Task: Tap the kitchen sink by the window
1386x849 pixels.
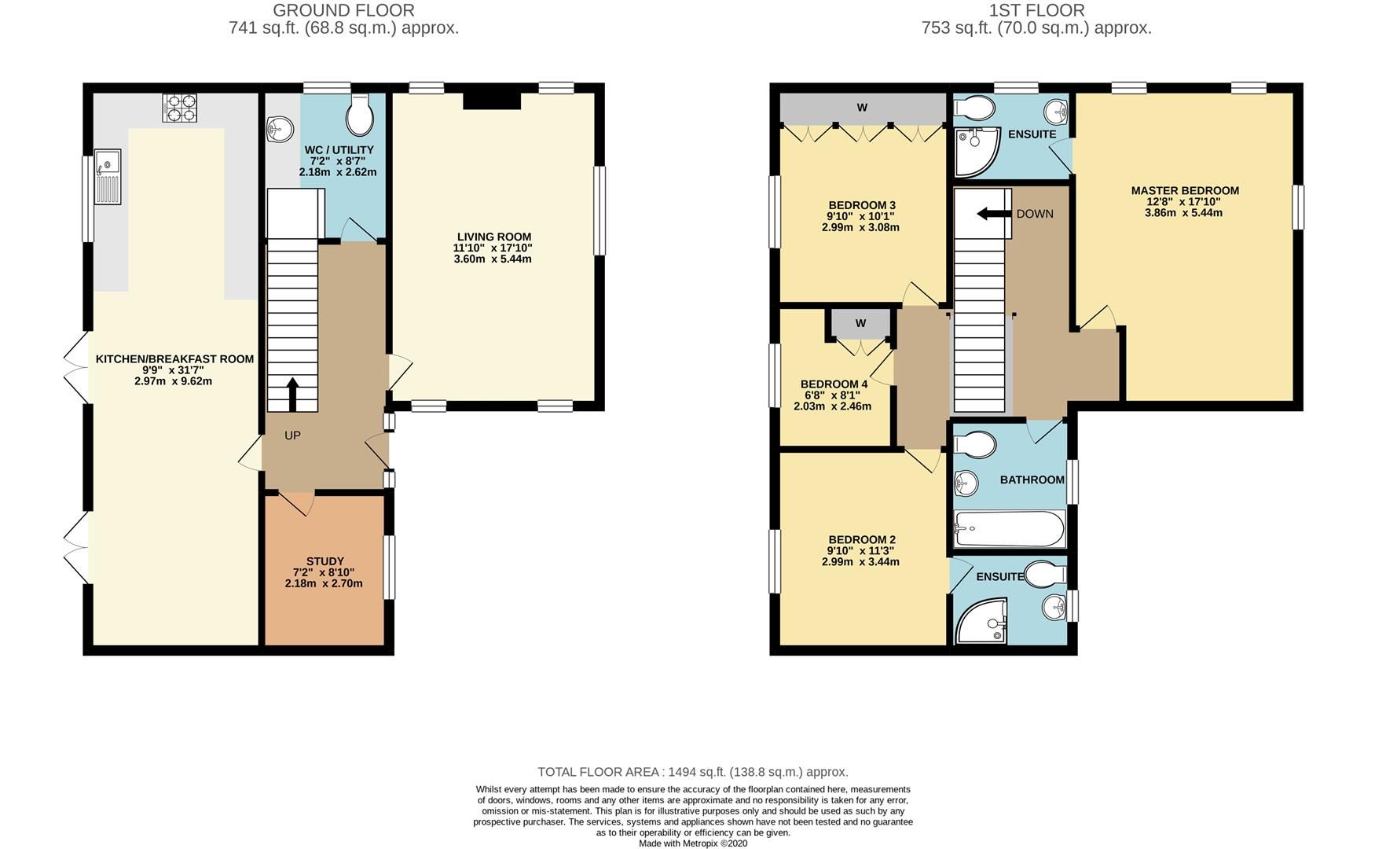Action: point(108,177)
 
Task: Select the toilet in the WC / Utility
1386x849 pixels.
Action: point(361,116)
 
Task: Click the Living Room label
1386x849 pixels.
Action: point(493,237)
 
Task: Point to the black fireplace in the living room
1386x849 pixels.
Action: point(492,101)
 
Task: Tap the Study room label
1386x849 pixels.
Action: point(325,561)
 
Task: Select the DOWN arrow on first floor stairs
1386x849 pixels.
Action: point(992,214)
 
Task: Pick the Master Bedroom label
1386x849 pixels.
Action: point(1185,190)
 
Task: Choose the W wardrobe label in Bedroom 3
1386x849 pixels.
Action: point(862,108)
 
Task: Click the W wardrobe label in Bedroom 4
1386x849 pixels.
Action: point(860,323)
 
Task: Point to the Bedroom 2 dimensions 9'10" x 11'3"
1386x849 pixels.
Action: point(861,551)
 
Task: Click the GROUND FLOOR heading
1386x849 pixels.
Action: point(343,10)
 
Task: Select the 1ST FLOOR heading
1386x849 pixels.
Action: point(1036,10)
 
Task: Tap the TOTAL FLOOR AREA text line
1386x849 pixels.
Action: point(692,772)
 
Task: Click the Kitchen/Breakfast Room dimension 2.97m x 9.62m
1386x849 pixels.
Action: point(173,381)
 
